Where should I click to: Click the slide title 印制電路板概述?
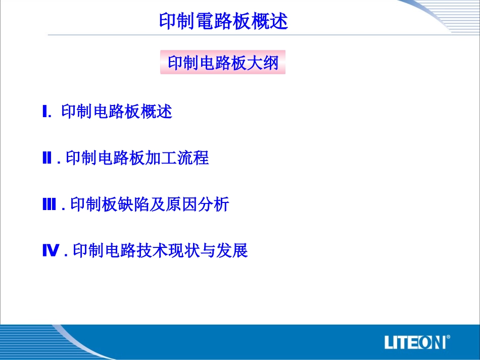tap(223, 21)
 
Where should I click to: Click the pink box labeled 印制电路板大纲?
tap(223, 62)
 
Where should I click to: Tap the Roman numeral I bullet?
tap(45, 112)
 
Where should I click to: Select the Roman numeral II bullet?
tap(47, 159)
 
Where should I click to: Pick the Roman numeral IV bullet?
tap(51, 250)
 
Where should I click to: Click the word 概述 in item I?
tap(157, 112)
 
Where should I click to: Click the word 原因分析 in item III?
tap(197, 204)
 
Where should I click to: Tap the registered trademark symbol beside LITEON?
tap(449, 336)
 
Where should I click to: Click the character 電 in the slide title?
tap(208, 21)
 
